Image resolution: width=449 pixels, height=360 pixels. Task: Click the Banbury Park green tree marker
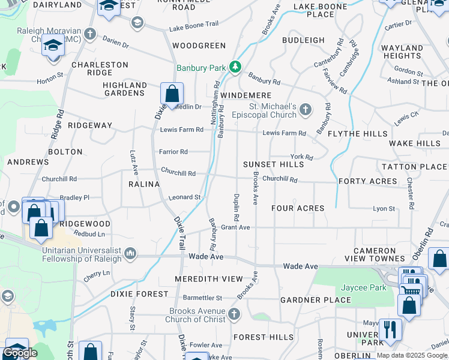[x=236, y=67]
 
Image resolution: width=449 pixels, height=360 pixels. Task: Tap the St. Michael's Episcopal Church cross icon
[x=306, y=109]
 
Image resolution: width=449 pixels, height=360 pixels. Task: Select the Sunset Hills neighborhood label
[x=273, y=164]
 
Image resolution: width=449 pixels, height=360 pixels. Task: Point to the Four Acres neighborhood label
[x=298, y=208]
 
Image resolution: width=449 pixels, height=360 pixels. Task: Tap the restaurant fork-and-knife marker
[x=390, y=328]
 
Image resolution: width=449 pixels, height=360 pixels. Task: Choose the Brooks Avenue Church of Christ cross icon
[x=234, y=314]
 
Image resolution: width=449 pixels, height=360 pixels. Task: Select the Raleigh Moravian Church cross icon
[x=90, y=34]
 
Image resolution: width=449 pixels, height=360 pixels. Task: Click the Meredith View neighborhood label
[x=208, y=279]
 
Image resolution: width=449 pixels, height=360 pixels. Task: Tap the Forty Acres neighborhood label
[x=367, y=181]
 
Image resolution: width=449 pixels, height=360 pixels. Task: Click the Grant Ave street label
[x=235, y=227]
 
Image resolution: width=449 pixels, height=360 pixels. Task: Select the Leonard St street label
[x=184, y=197]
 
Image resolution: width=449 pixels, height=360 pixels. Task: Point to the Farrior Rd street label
[x=173, y=152]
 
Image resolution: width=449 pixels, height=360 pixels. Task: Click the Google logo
[x=20, y=353]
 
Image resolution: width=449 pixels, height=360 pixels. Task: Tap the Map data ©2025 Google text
[x=412, y=355]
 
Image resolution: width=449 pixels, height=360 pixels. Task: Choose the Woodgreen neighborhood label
[x=199, y=46]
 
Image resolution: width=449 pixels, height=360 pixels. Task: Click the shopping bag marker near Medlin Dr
[x=172, y=94]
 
